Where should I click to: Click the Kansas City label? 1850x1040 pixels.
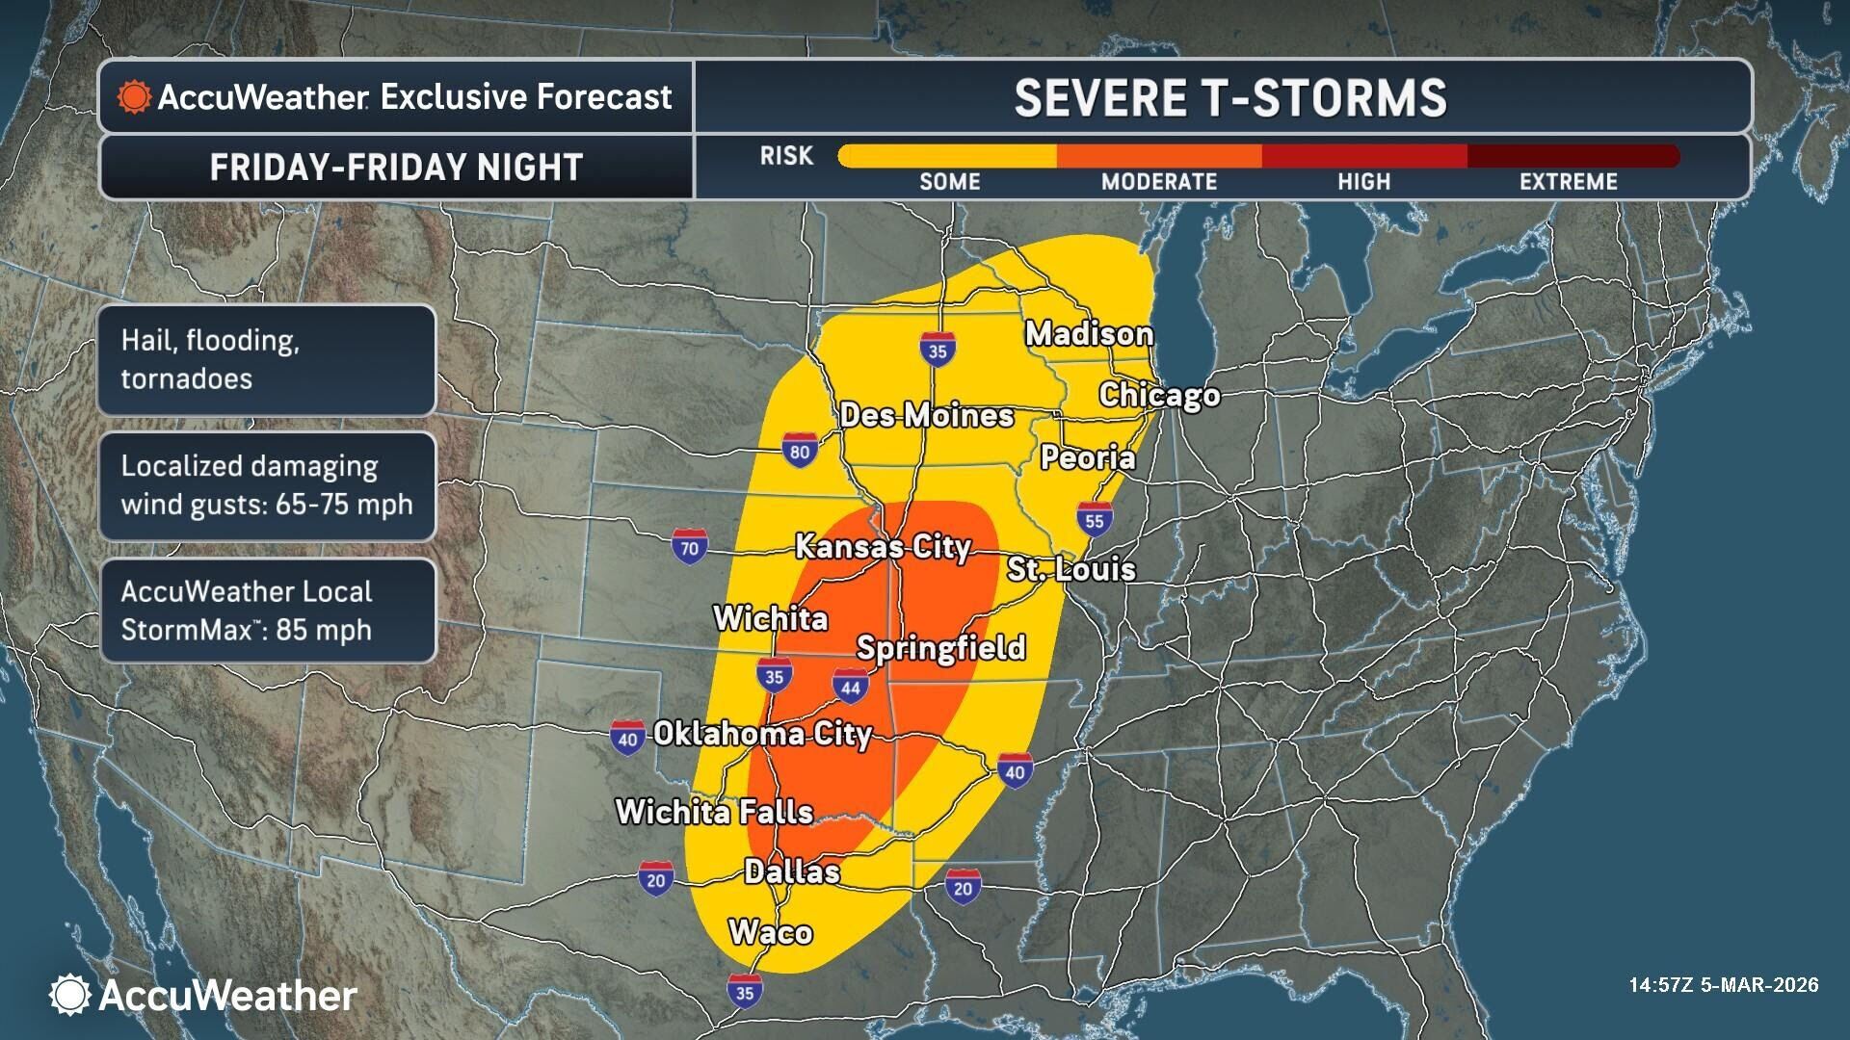[x=882, y=547]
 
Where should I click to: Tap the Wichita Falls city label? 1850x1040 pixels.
[x=714, y=812]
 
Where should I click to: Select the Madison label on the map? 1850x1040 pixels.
[x=1089, y=334]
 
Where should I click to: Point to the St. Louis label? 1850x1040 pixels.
[x=1070, y=569]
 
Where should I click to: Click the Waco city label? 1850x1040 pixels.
[x=770, y=932]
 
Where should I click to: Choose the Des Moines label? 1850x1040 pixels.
[x=926, y=415]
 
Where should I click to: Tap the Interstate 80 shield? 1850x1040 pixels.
[x=800, y=451]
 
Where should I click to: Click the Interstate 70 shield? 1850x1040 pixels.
[x=689, y=547]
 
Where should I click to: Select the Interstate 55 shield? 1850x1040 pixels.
[x=1094, y=520]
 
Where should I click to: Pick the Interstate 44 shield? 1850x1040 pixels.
[x=850, y=686]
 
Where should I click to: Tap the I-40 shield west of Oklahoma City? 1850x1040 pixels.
[x=627, y=739]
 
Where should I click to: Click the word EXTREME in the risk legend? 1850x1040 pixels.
[x=1568, y=182]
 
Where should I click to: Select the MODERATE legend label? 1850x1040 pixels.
[x=1159, y=182]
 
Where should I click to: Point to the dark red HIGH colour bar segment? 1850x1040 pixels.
[x=1364, y=156]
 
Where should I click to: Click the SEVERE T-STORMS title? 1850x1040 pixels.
[x=1229, y=98]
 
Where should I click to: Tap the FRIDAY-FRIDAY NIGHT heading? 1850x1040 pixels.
[x=396, y=168]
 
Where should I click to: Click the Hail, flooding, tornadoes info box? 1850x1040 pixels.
[x=267, y=360]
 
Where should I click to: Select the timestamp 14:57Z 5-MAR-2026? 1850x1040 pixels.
[x=1723, y=985]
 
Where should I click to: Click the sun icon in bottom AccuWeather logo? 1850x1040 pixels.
[x=69, y=995]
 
